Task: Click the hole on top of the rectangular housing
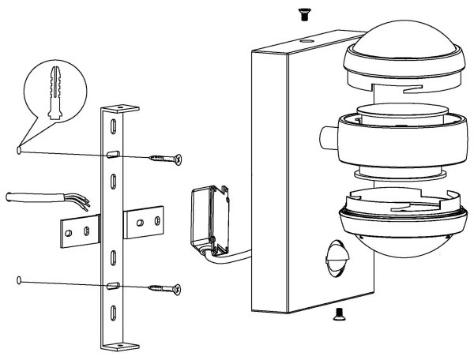click(305, 37)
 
